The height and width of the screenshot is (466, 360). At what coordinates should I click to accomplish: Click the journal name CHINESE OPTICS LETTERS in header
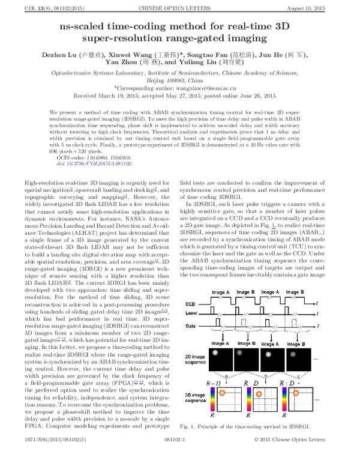[179, 7]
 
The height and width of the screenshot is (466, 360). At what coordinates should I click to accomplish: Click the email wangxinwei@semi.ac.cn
[209, 88]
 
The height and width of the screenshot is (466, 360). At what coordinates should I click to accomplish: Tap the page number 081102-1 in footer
[179, 457]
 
